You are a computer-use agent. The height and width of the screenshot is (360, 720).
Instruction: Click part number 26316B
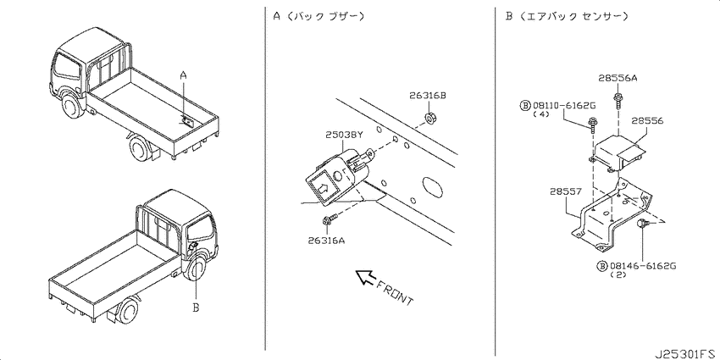point(428,96)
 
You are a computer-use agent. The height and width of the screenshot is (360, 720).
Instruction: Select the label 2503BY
point(345,135)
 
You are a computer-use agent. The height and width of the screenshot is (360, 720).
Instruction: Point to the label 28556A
point(618,79)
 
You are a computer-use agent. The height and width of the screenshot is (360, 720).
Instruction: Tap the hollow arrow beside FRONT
point(366,277)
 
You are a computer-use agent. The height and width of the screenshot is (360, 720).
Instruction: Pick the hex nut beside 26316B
point(430,118)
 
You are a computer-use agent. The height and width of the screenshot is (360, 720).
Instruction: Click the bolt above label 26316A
point(330,219)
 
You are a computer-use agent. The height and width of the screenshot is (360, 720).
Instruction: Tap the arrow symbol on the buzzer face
point(322,186)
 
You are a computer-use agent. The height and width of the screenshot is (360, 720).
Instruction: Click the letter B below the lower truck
point(196,307)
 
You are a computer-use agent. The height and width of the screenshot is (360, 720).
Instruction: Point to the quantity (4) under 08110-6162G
point(541,115)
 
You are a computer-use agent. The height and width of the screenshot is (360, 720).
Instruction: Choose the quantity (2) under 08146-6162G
point(618,275)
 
